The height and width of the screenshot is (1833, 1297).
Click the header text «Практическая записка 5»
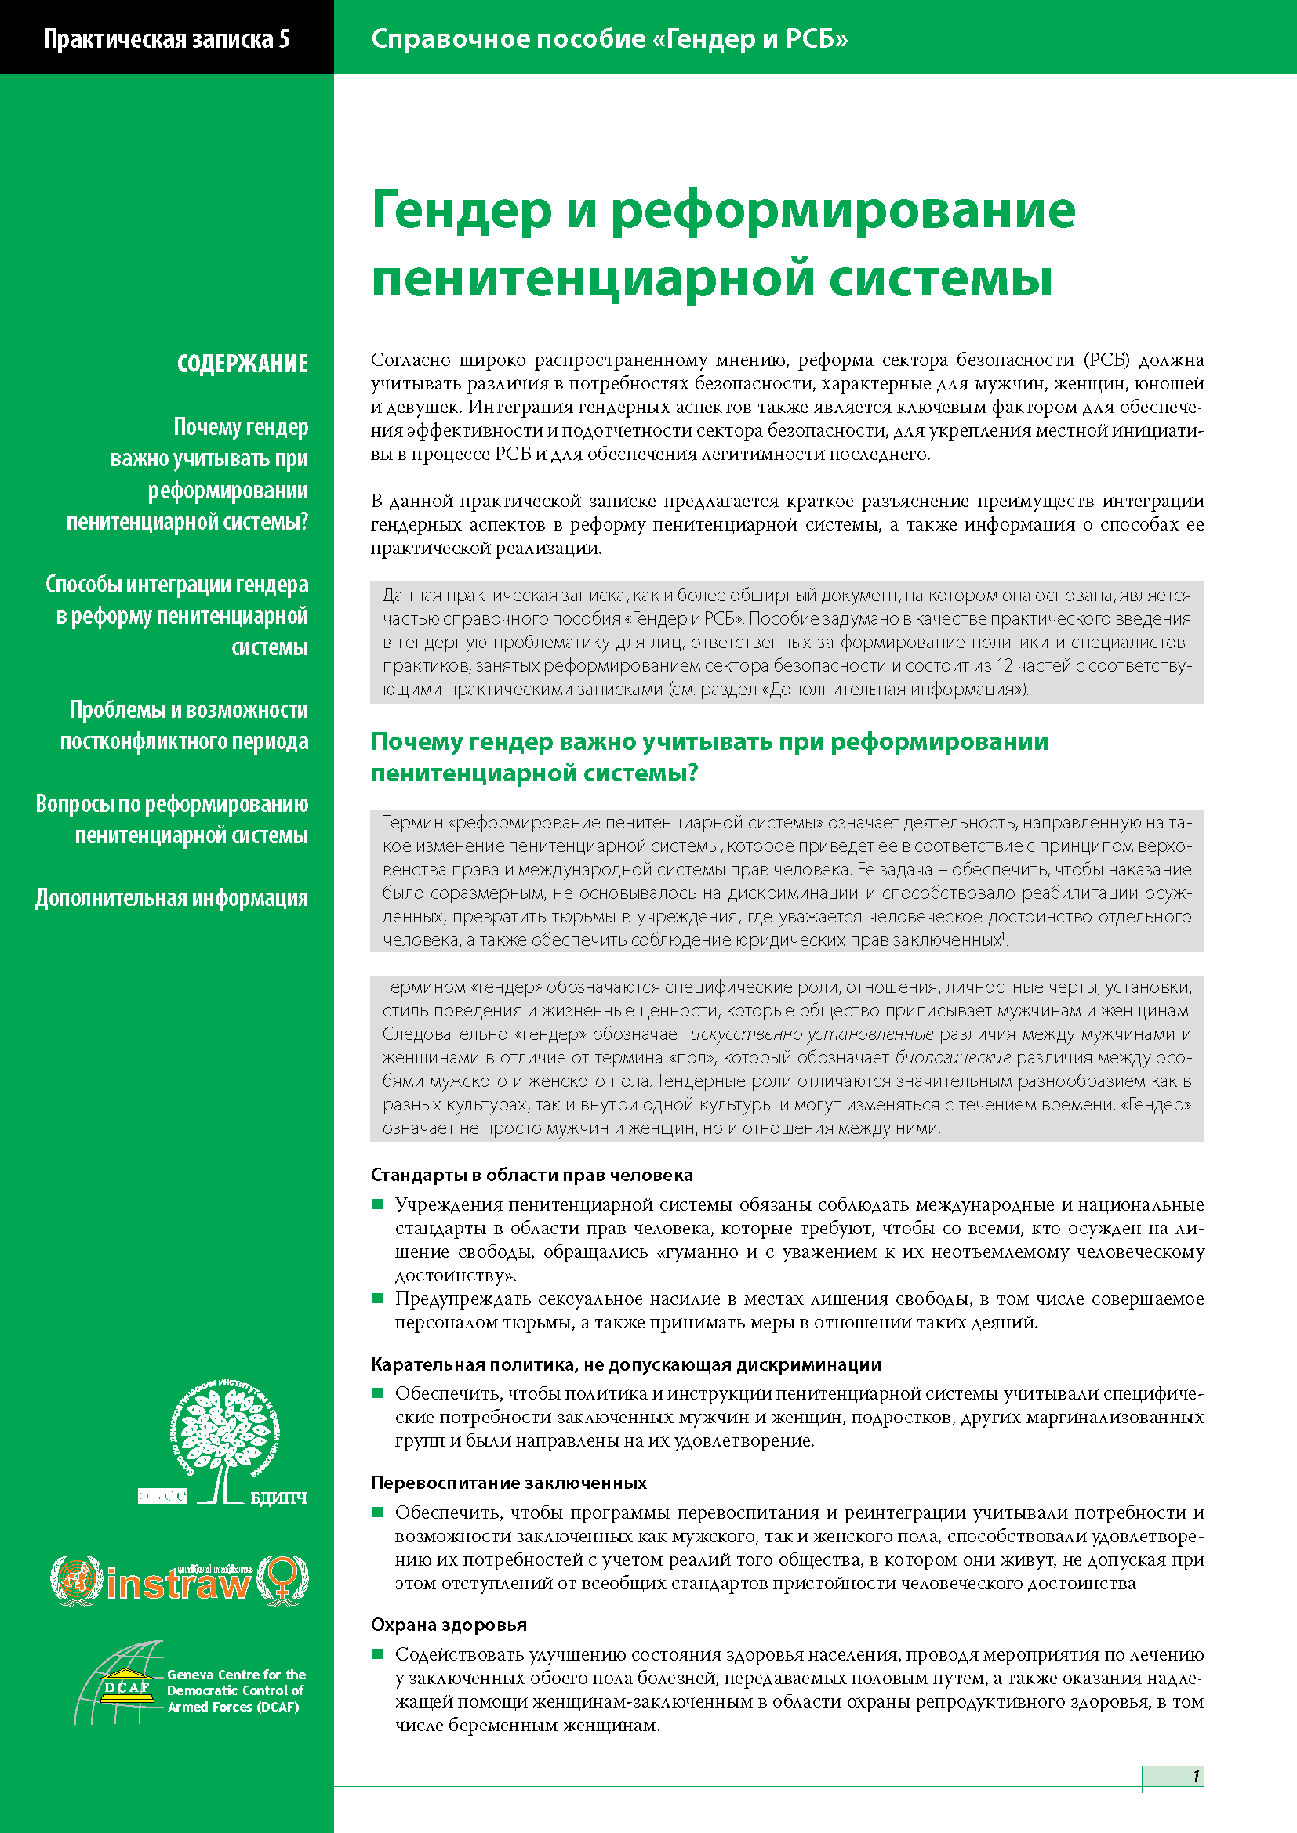point(166,39)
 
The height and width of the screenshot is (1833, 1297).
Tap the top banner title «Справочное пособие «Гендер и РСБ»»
point(609,39)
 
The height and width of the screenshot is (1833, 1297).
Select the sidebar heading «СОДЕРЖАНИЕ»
point(242,364)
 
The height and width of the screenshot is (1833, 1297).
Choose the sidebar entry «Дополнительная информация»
point(171,898)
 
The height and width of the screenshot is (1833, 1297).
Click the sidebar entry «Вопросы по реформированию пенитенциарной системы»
point(173,820)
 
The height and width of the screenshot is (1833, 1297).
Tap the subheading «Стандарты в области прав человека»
point(531,1176)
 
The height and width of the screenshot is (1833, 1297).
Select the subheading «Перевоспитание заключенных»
point(508,1483)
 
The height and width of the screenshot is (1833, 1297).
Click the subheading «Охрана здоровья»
point(448,1625)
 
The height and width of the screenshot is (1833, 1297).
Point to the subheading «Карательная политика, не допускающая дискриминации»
point(625,1364)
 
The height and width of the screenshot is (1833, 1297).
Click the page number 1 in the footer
point(1196,1777)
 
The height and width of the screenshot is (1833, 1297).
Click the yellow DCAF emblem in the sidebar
point(128,1687)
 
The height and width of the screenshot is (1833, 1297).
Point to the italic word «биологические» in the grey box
point(952,1058)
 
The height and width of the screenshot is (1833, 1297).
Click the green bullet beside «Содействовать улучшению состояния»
point(379,1654)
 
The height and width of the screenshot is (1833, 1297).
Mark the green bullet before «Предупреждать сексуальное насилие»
point(379,1299)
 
